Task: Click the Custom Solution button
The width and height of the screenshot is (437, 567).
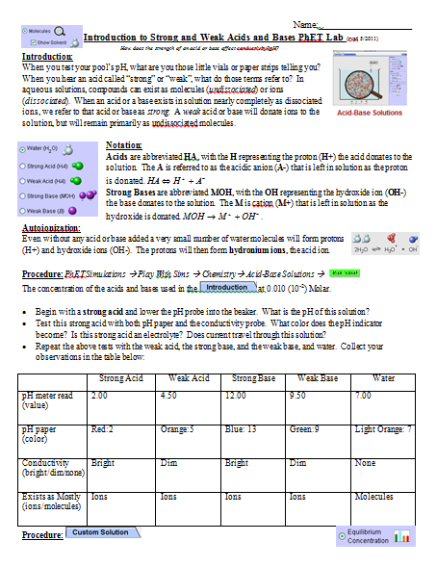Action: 101,532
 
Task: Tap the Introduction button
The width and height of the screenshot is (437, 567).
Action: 226,287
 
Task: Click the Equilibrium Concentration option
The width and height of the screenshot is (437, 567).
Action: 368,535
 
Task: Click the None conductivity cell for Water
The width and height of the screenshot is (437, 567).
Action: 366,462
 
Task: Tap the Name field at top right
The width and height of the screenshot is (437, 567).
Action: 371,21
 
